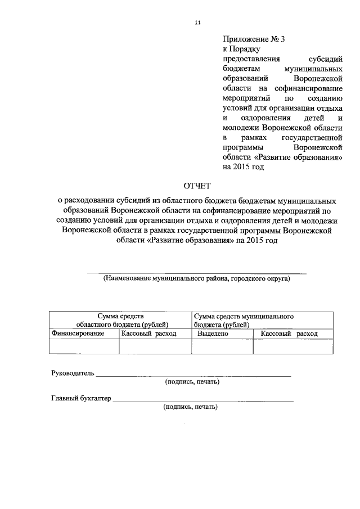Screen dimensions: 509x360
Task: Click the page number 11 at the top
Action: click(x=197, y=22)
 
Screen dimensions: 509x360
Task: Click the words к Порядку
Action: click(x=241, y=49)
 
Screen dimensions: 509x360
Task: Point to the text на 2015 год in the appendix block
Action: click(x=243, y=167)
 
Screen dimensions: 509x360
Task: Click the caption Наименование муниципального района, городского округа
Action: click(x=196, y=278)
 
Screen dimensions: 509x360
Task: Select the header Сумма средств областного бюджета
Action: click(x=120, y=321)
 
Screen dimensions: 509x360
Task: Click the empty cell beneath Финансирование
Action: click(x=84, y=346)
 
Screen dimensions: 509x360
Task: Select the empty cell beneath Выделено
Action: click(x=222, y=346)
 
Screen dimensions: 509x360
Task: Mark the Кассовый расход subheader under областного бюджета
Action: click(x=149, y=334)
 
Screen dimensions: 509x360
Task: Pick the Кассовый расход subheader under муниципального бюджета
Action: click(x=290, y=334)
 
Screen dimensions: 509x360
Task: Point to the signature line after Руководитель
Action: click(x=194, y=375)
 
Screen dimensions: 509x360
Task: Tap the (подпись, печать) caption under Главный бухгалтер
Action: click(x=190, y=407)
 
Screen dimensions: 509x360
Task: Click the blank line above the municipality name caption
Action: click(x=196, y=272)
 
